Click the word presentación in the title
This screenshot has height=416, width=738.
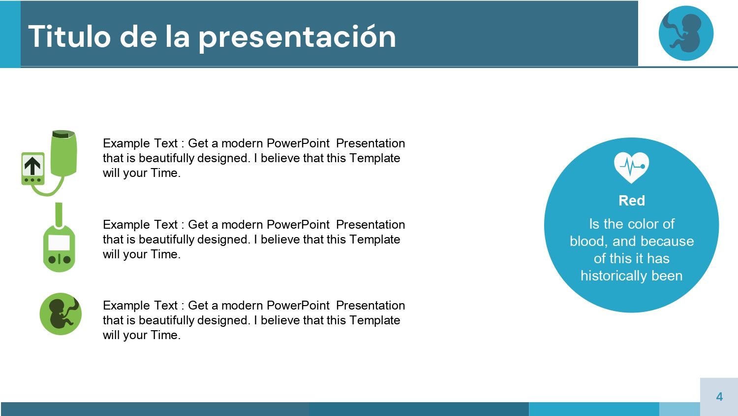click(x=297, y=37)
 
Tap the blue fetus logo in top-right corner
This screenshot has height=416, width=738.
click(x=686, y=34)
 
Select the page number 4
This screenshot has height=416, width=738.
click(x=719, y=397)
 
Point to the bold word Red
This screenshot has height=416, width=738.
click(x=631, y=201)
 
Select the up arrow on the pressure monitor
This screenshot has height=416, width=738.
click(x=32, y=166)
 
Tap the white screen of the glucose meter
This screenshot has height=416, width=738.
click(x=59, y=243)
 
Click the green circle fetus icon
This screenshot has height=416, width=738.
click(x=61, y=314)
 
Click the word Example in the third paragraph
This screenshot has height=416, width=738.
click(x=126, y=306)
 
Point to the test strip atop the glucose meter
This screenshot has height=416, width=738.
click(x=59, y=213)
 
